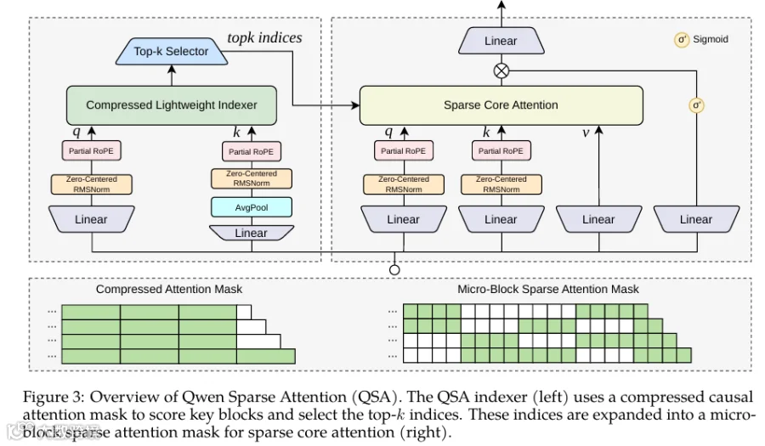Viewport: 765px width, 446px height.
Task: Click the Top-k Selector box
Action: coord(171,51)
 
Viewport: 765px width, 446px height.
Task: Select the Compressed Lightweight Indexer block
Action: coord(171,105)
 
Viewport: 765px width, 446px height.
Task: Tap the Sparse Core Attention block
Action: coord(501,105)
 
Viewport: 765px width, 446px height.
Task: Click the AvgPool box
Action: coord(252,207)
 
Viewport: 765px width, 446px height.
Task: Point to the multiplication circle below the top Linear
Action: coord(501,71)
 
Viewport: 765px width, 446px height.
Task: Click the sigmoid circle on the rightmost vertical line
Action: coord(696,105)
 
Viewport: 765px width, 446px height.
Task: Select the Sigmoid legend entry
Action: coord(702,39)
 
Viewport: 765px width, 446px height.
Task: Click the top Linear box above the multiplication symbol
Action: coord(501,41)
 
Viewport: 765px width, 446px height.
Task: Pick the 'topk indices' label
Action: coord(264,37)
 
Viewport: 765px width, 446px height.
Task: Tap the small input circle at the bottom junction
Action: coord(394,269)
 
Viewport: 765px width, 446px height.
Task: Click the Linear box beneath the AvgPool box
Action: coord(252,233)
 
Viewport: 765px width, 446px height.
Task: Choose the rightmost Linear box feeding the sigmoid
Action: coord(696,219)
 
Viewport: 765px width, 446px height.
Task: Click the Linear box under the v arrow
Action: coord(598,219)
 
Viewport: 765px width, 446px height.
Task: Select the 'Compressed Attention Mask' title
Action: coord(169,289)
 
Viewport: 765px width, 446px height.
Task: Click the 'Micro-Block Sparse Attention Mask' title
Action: coord(548,289)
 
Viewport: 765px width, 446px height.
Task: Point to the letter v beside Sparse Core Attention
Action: coord(586,133)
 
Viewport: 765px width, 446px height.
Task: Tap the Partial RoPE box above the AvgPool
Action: coord(252,151)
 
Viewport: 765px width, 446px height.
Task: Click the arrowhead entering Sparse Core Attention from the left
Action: coord(355,105)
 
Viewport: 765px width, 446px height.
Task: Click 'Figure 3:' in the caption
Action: coord(54,397)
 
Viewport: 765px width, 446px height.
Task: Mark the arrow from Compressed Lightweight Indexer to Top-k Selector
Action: coord(171,76)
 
